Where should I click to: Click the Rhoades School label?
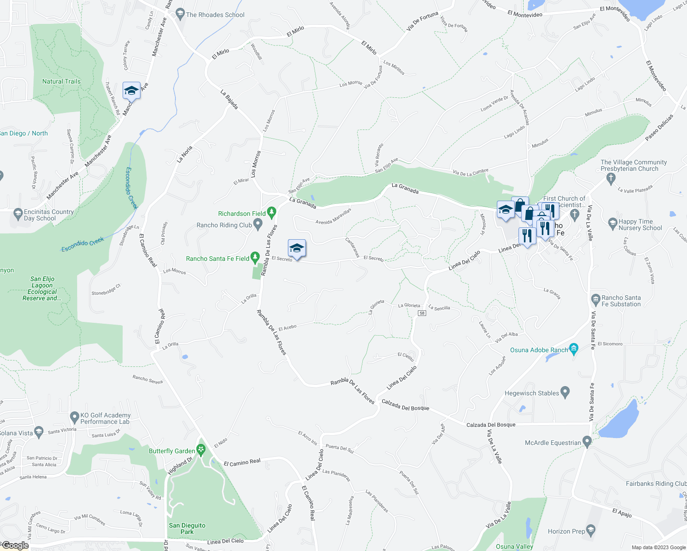[215, 15]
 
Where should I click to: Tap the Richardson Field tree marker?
[271, 213]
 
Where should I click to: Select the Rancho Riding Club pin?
[258, 225]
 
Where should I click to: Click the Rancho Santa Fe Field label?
[217, 259]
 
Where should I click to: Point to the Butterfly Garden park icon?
[201, 450]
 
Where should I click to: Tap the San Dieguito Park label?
[187, 529]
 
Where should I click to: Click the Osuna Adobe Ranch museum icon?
[574, 349]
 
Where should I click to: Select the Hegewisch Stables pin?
[565, 393]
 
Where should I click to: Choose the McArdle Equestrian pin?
[587, 442]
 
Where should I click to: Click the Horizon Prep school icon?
[591, 531]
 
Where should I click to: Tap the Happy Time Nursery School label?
[640, 225]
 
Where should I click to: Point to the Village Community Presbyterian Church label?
[633, 165]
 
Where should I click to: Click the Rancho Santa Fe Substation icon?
[596, 300]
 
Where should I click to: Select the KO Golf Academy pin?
[74, 417]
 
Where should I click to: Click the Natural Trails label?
[61, 81]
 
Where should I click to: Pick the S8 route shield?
[422, 313]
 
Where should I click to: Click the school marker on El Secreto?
[297, 249]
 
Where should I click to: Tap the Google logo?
[15, 545]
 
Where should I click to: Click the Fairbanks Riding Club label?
[656, 484]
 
